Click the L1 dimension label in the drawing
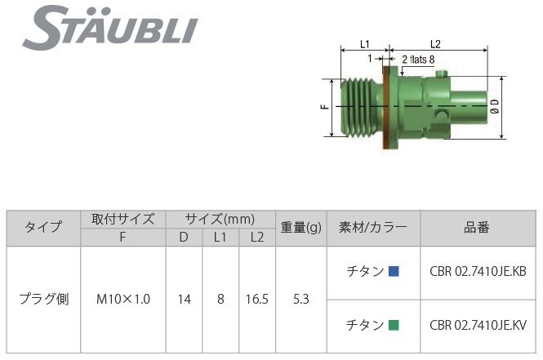[x=365, y=44]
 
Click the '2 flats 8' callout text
[x=418, y=59]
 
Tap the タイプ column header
[x=43, y=228]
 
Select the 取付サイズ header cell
[x=123, y=219]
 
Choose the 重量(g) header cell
[x=301, y=228]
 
